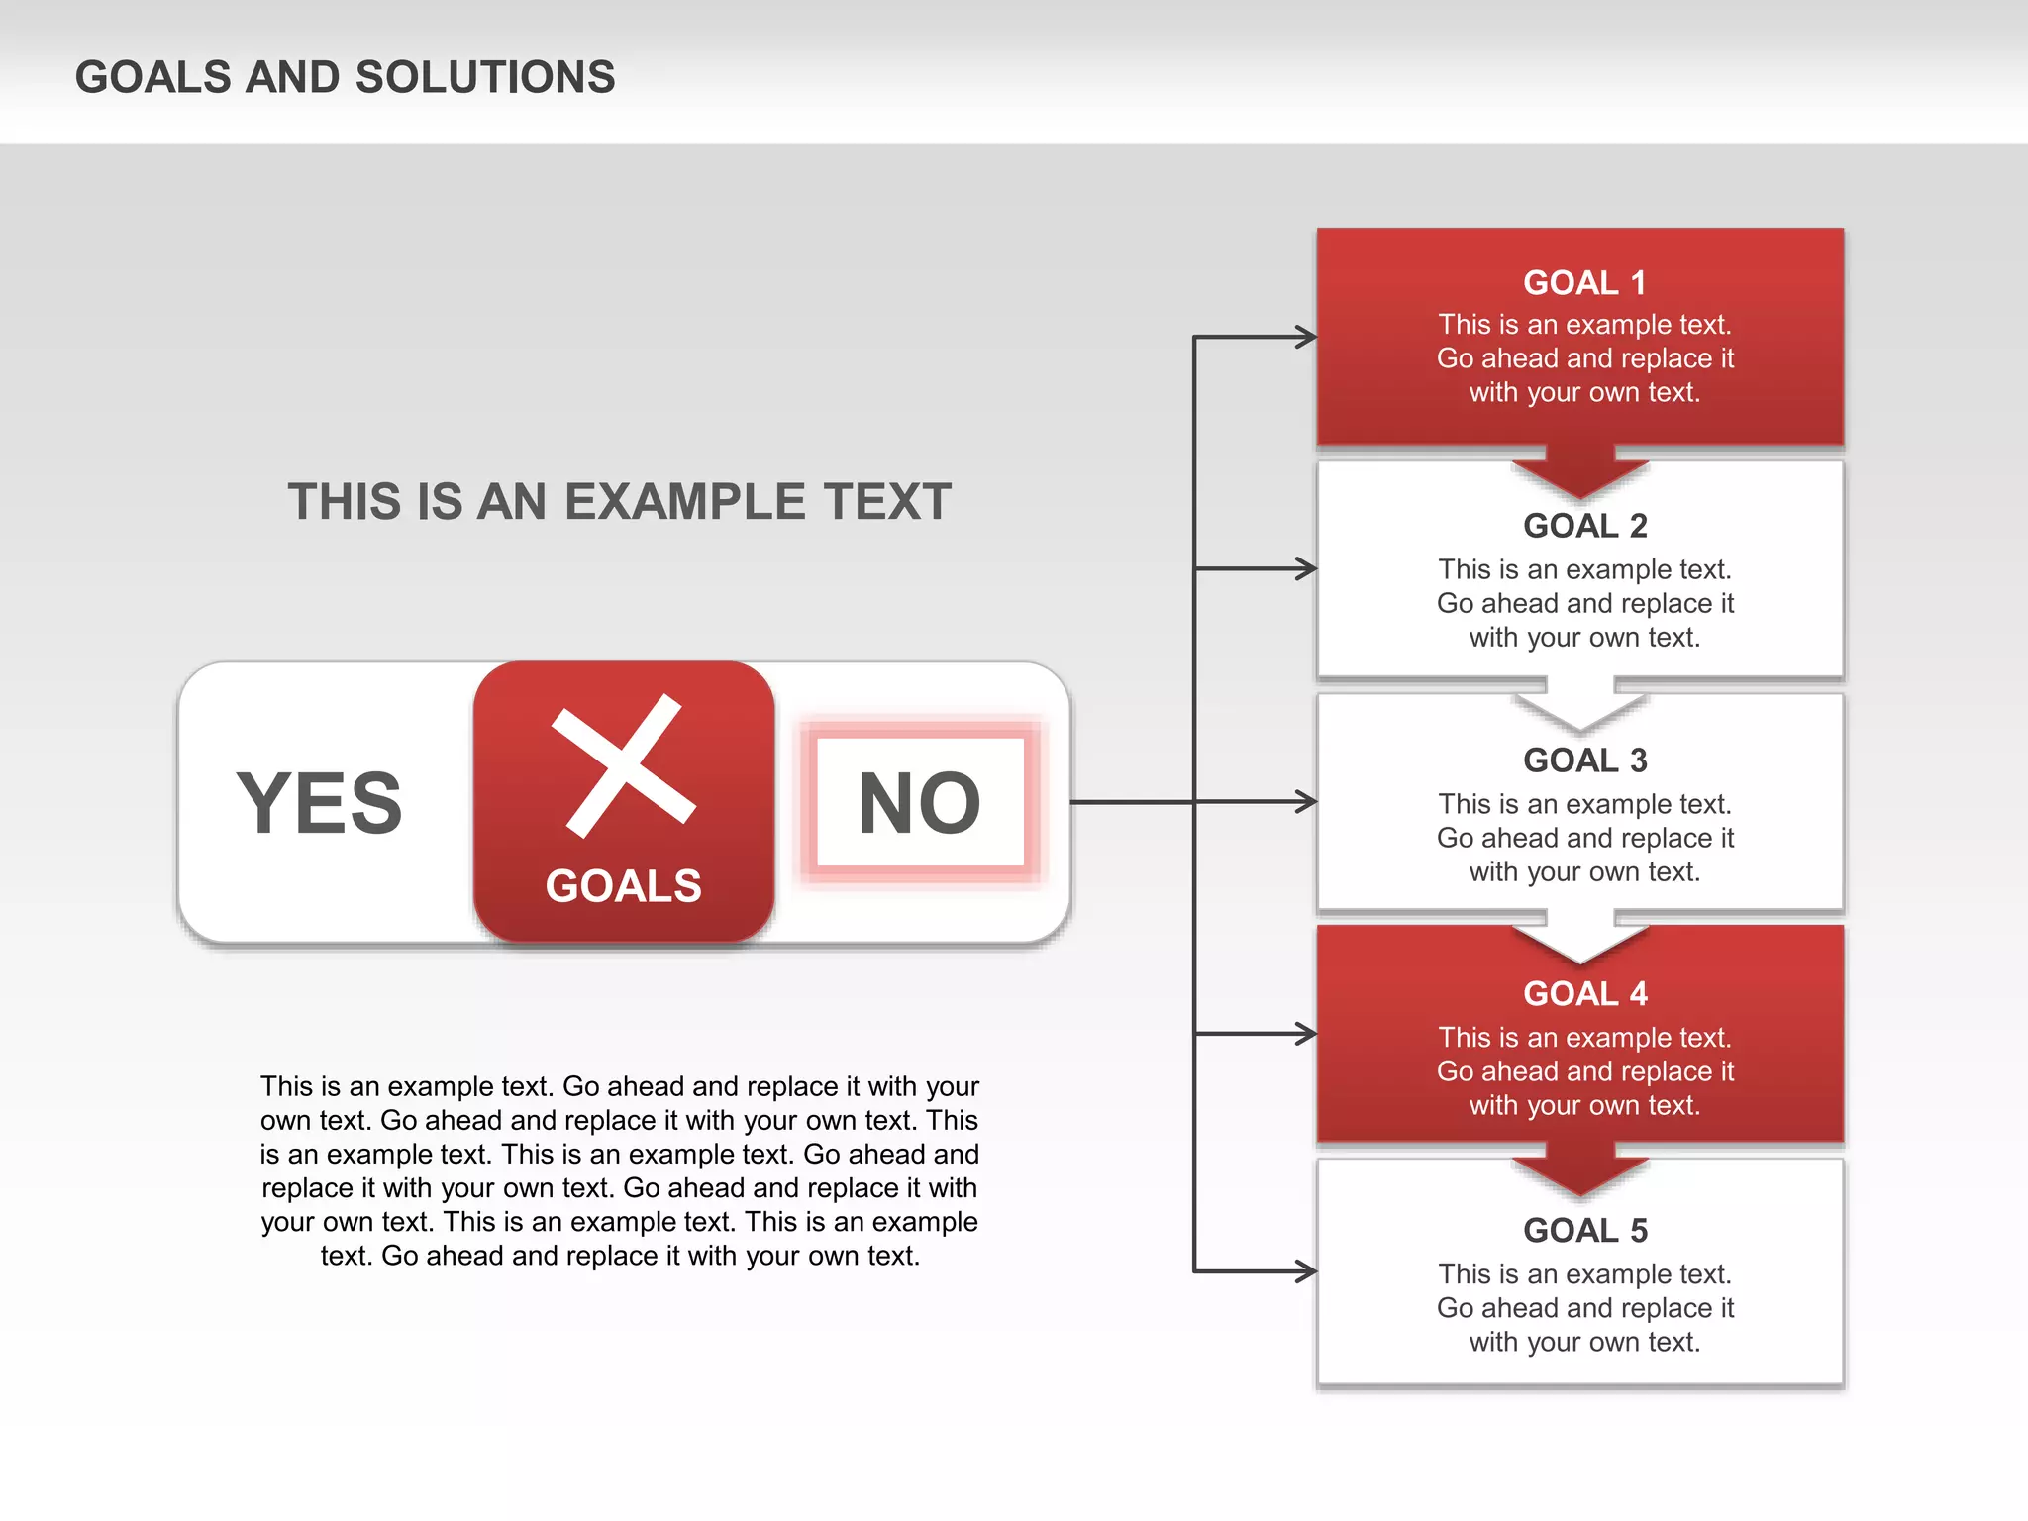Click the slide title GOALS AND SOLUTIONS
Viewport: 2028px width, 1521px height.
(345, 77)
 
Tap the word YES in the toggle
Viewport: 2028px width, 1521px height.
(319, 803)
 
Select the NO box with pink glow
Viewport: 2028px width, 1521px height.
(920, 803)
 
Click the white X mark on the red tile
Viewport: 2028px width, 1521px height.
(624, 765)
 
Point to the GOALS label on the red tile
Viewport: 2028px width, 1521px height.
(624, 885)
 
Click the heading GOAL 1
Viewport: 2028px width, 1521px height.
(1584, 283)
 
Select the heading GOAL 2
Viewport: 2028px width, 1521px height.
(1584, 526)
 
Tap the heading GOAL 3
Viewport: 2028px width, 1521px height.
(1584, 760)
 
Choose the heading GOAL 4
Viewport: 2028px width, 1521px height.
(1584, 993)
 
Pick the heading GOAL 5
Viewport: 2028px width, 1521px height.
(1584, 1230)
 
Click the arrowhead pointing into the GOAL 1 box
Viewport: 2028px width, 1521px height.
(1306, 337)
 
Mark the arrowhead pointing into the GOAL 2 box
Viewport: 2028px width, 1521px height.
(1306, 568)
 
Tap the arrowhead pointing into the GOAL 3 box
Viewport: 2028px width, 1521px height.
(1306, 801)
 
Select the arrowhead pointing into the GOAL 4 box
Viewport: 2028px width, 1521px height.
(1306, 1034)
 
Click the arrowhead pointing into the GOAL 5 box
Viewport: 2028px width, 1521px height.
(1306, 1270)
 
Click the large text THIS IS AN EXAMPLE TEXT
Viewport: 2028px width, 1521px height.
(619, 502)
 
